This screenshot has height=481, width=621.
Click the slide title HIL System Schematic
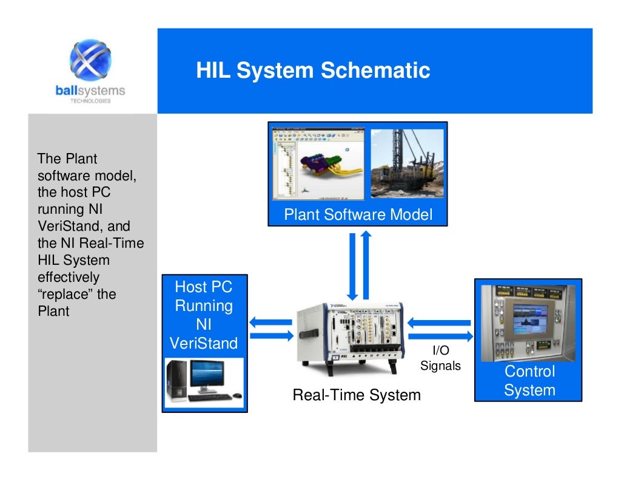tap(313, 70)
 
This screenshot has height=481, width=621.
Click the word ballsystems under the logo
tap(90, 91)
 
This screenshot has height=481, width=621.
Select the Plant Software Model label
tap(358, 215)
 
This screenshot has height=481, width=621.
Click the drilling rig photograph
tap(407, 163)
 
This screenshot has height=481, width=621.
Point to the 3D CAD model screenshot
tap(318, 163)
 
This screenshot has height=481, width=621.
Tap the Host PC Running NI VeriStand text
tap(204, 315)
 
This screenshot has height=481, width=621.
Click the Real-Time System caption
tap(357, 395)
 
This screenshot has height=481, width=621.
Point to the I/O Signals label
tap(440, 358)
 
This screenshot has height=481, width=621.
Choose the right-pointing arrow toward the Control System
tap(440, 336)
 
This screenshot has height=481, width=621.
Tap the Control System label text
tap(529, 381)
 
